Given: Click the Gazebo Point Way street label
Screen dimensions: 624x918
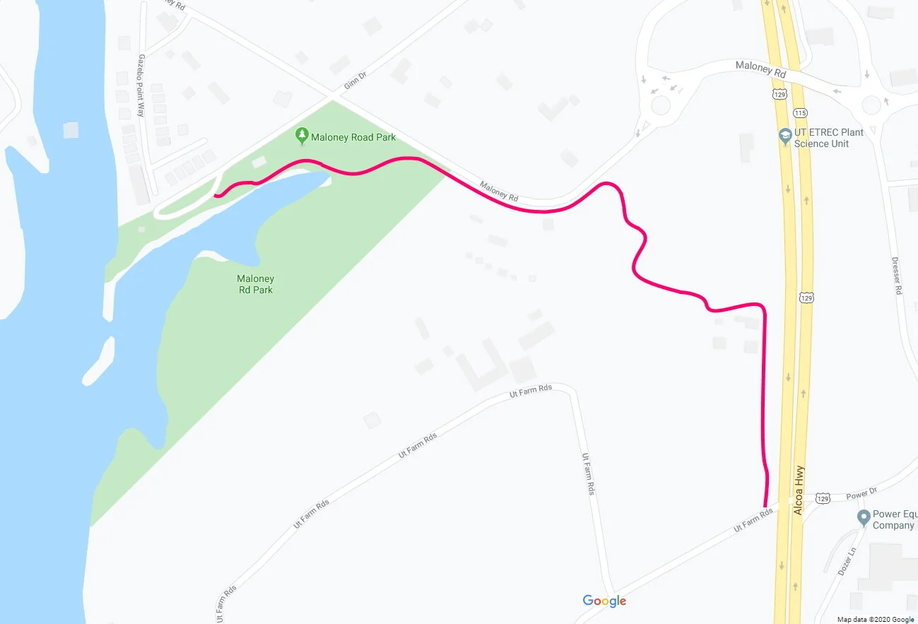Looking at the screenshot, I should point(141,86).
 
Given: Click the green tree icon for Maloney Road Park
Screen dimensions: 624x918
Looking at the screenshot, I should point(302,134).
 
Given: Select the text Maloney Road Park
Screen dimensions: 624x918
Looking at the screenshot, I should point(353,137).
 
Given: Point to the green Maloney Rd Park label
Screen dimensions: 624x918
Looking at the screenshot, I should point(255,284).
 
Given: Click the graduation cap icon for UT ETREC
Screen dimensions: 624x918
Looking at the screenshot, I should point(784,135).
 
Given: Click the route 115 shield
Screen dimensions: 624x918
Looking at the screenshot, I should point(800,112).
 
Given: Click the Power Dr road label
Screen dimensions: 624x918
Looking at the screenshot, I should point(861,493).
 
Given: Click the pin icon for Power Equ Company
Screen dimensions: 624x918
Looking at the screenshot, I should point(863,518).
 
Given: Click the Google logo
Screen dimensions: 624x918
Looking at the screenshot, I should point(604,601).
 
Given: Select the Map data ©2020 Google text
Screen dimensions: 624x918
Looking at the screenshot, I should point(873,619).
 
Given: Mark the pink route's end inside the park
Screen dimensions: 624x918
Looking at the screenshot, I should point(216,196).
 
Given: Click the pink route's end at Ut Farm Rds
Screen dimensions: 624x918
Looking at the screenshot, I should point(765,506).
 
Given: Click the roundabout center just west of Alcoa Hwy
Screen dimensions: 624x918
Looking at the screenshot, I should point(661,105).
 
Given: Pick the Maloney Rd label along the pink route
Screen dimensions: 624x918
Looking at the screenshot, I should point(499,191).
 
